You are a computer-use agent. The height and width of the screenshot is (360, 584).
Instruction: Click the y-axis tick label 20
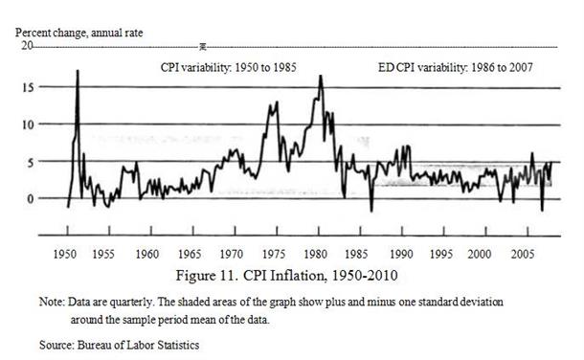click(x=27, y=46)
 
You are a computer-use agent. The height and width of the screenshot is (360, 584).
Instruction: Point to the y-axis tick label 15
click(x=28, y=87)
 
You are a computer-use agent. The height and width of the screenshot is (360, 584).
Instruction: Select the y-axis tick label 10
click(x=28, y=124)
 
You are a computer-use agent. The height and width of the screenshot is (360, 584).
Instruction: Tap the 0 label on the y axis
click(x=31, y=199)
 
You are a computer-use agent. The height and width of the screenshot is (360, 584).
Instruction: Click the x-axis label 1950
click(x=65, y=255)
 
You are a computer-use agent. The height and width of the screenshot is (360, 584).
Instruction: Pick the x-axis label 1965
click(x=190, y=255)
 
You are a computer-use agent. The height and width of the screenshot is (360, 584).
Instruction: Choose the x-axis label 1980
click(x=316, y=255)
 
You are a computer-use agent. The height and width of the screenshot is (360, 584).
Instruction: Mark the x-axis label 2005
click(x=523, y=255)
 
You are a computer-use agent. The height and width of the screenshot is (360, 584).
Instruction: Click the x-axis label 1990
click(x=401, y=255)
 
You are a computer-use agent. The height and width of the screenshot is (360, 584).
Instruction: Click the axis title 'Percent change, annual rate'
click(x=79, y=34)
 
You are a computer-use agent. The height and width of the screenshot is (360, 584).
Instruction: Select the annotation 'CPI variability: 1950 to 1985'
click(x=228, y=67)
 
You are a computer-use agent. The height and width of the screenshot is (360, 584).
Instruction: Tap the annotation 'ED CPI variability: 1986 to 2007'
click(x=455, y=67)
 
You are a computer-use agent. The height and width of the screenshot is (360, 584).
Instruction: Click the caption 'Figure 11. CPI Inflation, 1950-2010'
click(x=286, y=276)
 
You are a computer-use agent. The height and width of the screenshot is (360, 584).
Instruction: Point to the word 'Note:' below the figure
click(x=52, y=302)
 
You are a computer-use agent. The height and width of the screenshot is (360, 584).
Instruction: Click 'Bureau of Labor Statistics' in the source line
click(x=138, y=345)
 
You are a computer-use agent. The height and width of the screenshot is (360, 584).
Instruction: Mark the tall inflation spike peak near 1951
click(x=78, y=71)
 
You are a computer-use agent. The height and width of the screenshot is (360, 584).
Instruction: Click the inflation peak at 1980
click(x=321, y=76)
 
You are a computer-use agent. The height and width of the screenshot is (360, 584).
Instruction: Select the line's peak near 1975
click(x=277, y=102)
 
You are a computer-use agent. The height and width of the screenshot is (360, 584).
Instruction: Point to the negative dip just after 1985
click(x=371, y=211)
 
